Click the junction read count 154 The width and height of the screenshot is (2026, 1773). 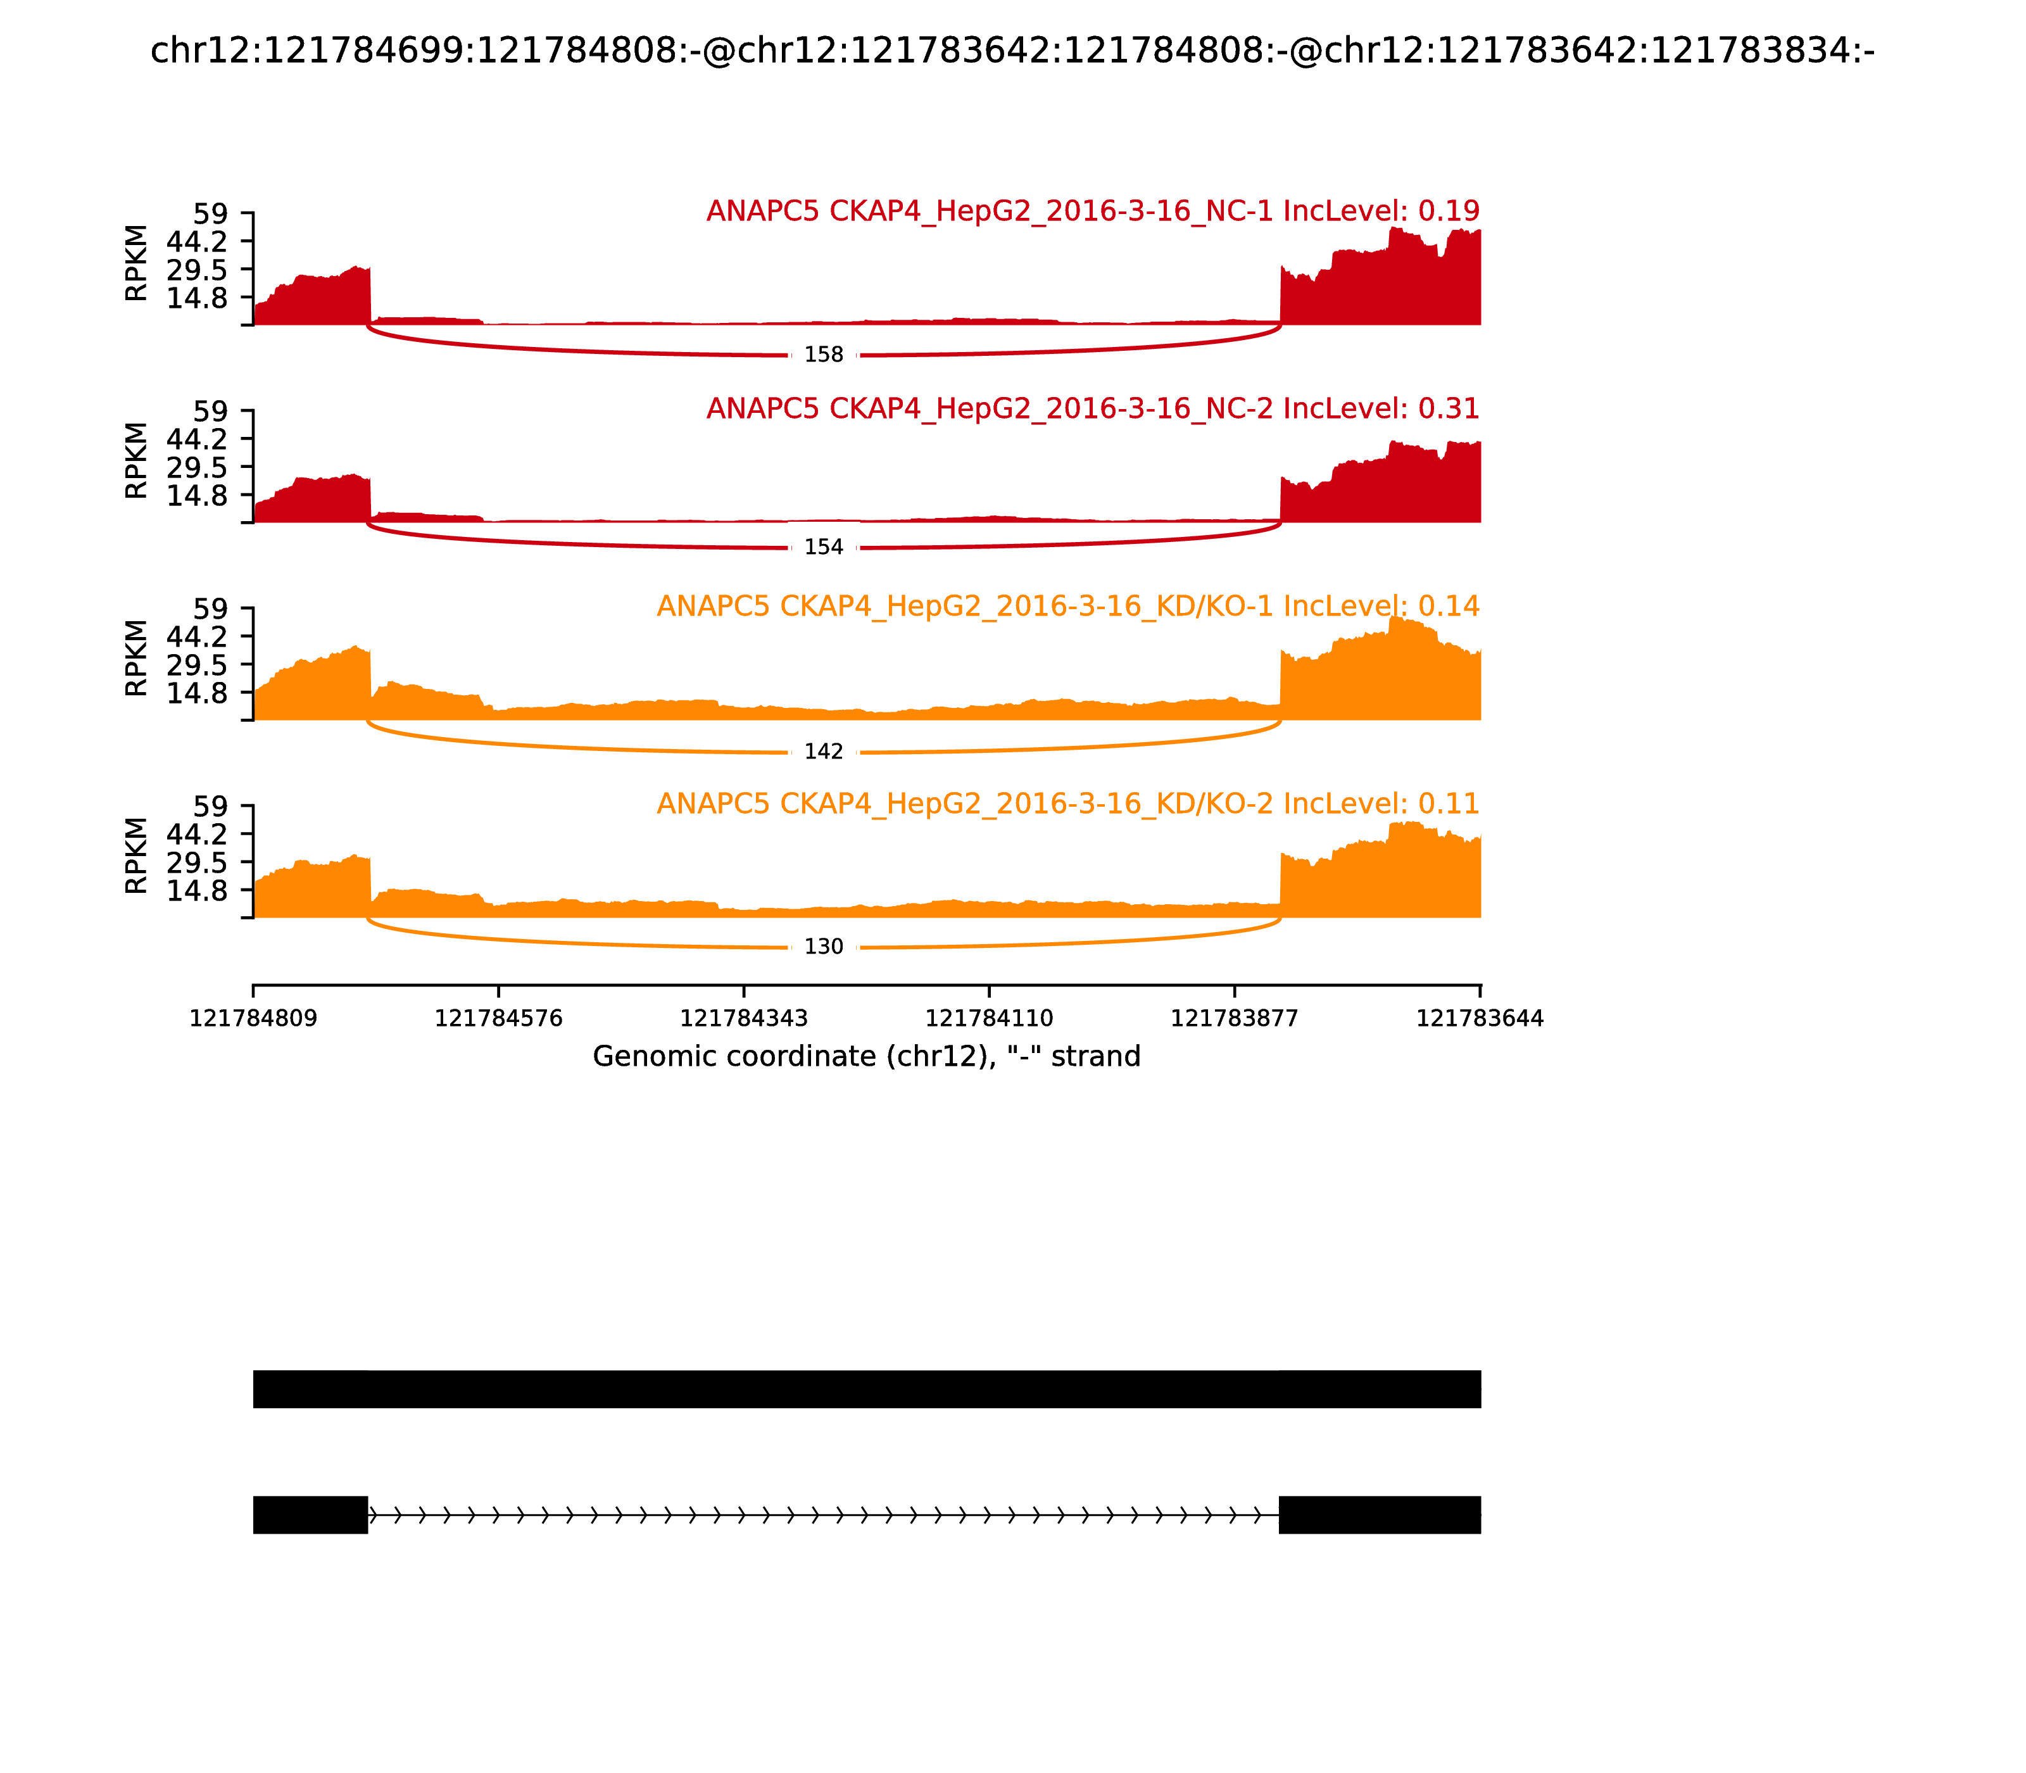823,547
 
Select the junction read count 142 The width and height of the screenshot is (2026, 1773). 823,752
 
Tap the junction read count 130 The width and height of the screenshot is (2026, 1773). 823,947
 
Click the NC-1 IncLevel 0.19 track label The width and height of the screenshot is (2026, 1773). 1092,211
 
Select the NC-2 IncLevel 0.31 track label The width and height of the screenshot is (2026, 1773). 1092,408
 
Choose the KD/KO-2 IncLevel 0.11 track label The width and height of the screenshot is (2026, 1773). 1067,804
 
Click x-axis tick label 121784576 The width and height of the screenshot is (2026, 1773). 499,1019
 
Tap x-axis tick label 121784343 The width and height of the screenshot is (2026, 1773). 744,1019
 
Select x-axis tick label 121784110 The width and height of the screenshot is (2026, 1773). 989,1019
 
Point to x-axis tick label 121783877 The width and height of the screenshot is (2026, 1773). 1235,1019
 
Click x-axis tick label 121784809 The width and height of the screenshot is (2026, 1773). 253,1019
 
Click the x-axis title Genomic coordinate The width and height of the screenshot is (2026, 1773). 867,1057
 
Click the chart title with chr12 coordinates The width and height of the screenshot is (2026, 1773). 1012,51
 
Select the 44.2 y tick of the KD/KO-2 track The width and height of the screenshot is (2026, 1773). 197,834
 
